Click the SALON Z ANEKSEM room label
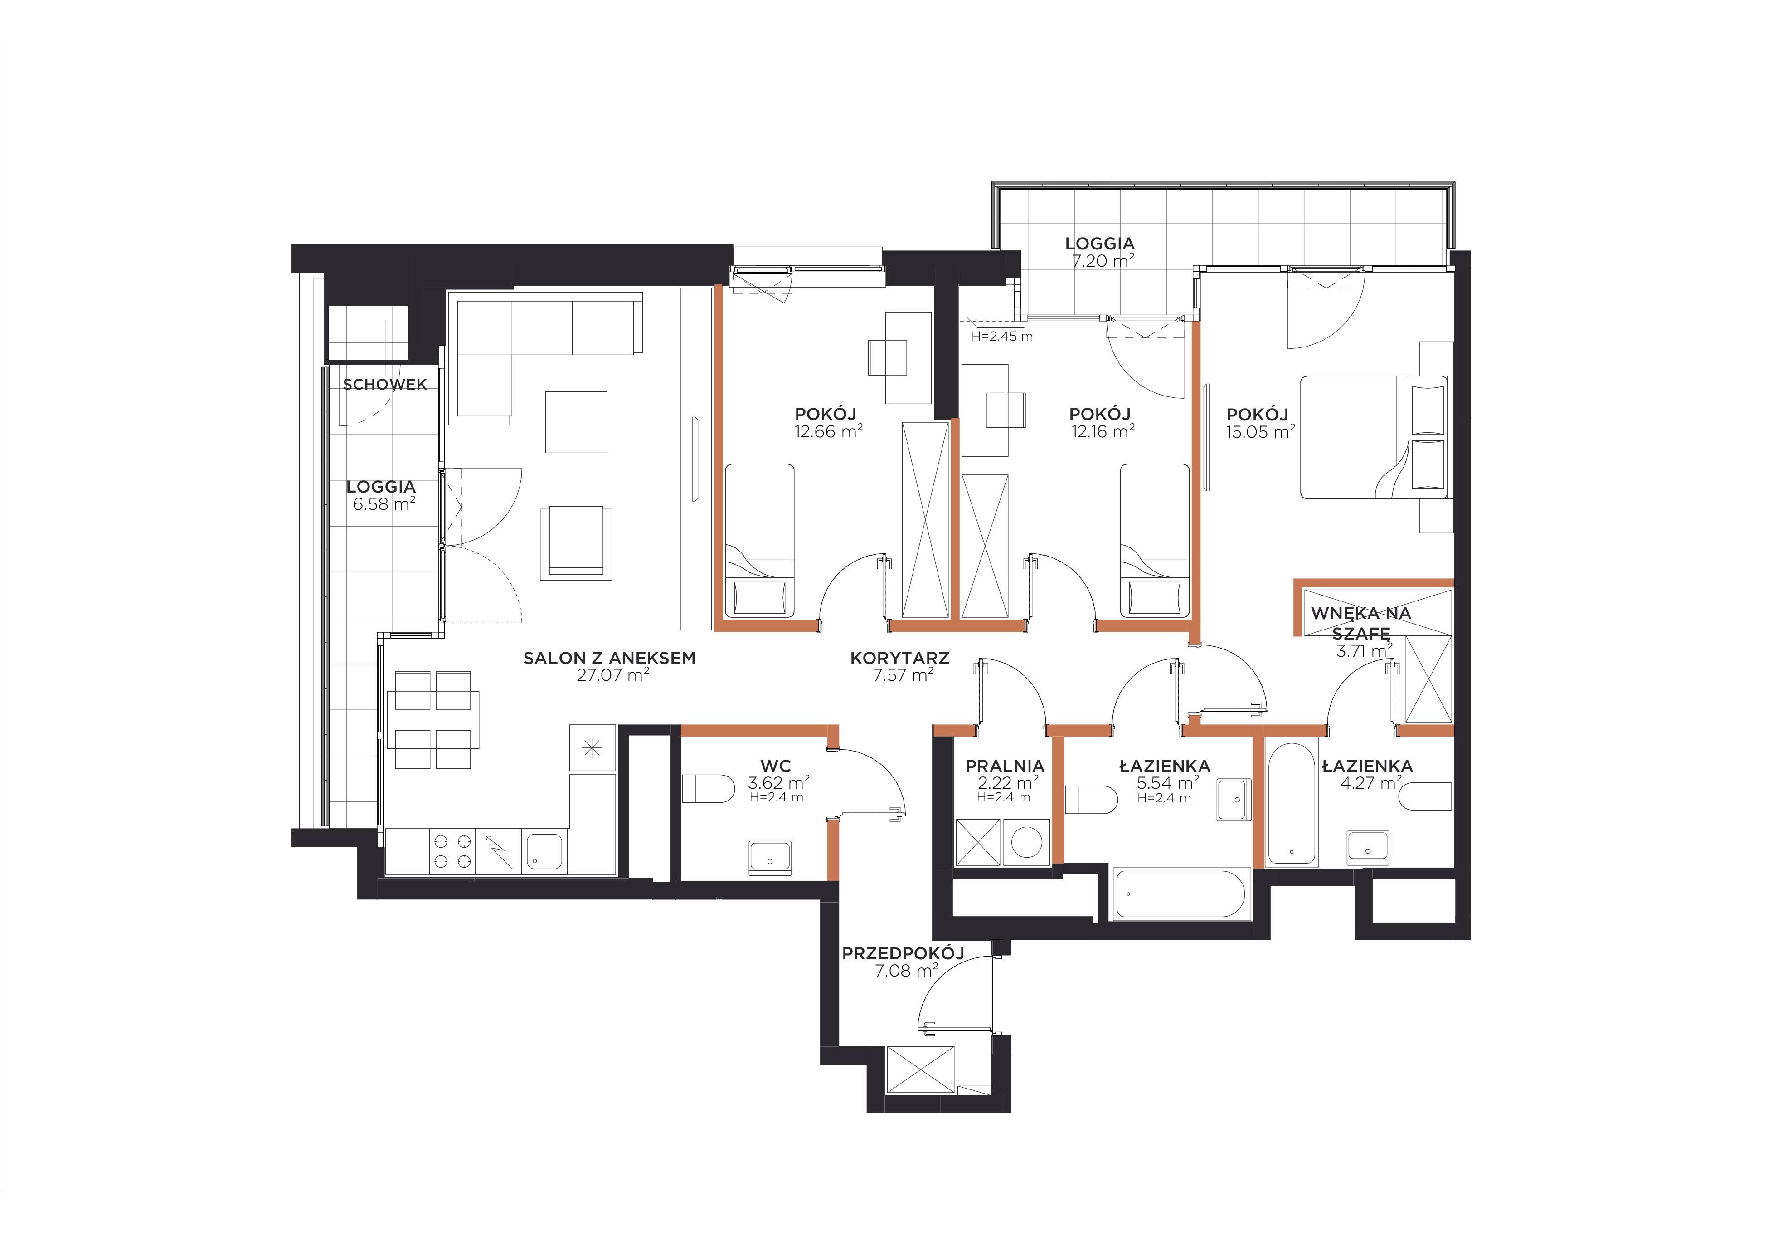[x=609, y=659]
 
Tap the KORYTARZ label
[x=900, y=659]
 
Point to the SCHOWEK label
[x=385, y=384]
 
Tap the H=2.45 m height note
[x=1002, y=336]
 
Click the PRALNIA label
[x=1005, y=766]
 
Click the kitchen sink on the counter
[x=546, y=851]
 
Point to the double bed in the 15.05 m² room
[x=1373, y=437]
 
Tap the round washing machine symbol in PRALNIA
[x=1027, y=842]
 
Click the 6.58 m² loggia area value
[x=384, y=504]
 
